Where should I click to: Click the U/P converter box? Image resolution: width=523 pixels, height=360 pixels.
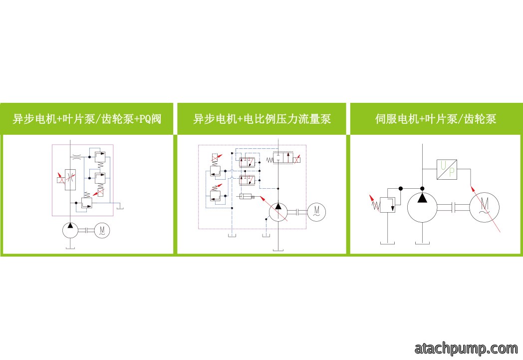[447, 169]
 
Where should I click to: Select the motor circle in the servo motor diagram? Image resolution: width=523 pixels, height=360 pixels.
[484, 207]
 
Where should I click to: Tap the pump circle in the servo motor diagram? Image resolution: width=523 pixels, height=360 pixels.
[422, 207]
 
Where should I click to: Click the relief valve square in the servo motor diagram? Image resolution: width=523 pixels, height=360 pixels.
[388, 205]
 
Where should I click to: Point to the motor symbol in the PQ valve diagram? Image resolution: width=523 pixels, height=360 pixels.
[102, 230]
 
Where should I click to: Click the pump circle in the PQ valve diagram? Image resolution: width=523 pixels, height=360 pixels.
[70, 230]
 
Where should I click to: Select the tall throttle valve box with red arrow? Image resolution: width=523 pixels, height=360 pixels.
[70, 180]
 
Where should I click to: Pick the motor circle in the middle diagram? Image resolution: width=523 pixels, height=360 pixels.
[316, 212]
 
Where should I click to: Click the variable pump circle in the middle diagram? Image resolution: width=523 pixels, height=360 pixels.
[278, 212]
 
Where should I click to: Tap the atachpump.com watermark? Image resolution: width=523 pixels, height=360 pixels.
[466, 349]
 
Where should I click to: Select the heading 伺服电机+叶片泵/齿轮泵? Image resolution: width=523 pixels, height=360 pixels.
[436, 119]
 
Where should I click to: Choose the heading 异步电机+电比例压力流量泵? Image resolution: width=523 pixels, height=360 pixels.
[262, 119]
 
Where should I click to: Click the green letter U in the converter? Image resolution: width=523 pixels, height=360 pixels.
[443, 165]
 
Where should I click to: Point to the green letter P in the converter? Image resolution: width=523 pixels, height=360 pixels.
[452, 172]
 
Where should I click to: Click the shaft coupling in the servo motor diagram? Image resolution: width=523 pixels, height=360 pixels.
[453, 207]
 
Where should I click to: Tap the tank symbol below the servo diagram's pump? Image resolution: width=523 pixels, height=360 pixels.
[422, 243]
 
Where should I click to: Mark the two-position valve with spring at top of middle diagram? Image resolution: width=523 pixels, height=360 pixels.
[283, 157]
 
